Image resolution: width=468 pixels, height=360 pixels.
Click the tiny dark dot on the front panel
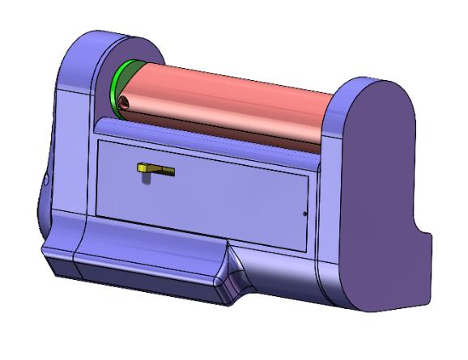304,214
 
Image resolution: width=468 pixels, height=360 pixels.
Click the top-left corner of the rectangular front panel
97,140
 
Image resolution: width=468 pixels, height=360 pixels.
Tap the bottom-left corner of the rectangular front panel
96,214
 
